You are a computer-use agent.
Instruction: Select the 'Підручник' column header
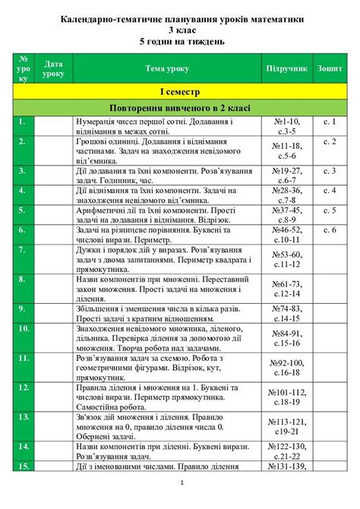tap(286, 68)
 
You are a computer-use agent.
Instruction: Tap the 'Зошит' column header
tap(328, 68)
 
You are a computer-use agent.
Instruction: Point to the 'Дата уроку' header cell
tap(54, 68)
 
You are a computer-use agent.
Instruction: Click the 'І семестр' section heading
tap(179, 91)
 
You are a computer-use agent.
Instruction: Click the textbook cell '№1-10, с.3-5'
tap(286, 125)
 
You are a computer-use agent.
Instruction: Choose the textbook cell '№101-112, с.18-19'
tap(286, 397)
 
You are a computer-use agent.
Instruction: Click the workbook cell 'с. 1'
tap(328, 121)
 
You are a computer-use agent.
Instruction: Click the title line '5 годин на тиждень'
tap(180, 41)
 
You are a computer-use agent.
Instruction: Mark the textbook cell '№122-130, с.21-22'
tap(286, 451)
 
